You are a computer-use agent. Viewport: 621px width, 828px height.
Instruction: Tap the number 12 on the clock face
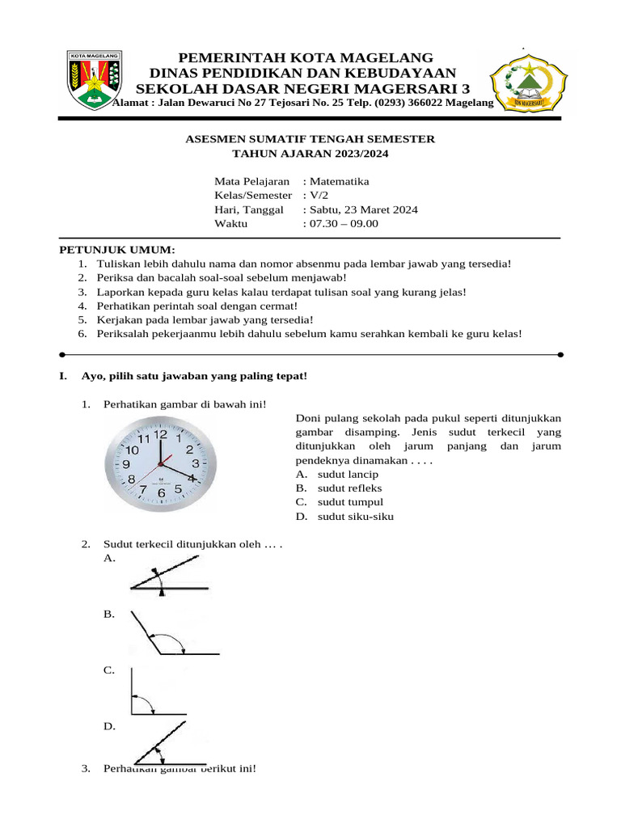point(161,434)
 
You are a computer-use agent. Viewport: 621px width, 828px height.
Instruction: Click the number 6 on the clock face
point(161,492)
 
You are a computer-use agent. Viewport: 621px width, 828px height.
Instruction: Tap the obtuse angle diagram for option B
point(170,634)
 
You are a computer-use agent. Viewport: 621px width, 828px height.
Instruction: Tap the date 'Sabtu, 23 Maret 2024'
point(363,209)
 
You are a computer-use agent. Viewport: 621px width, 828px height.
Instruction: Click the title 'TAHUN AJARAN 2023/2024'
point(310,153)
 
